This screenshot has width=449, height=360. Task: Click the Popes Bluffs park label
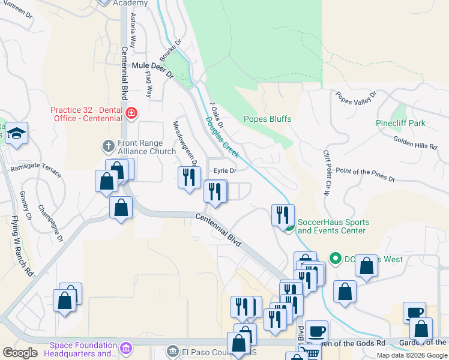(x=267, y=119)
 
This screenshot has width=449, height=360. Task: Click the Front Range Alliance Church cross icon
(x=108, y=146)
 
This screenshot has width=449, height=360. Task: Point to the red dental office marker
(x=131, y=112)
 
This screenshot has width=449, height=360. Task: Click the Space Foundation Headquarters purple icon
(x=125, y=347)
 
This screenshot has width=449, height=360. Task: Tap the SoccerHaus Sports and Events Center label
(x=333, y=226)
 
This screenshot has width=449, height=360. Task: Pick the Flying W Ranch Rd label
(x=22, y=246)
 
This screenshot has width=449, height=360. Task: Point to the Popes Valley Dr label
(x=357, y=97)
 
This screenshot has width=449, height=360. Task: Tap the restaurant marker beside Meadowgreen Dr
(x=189, y=177)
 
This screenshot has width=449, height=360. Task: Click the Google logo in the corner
(x=20, y=353)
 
